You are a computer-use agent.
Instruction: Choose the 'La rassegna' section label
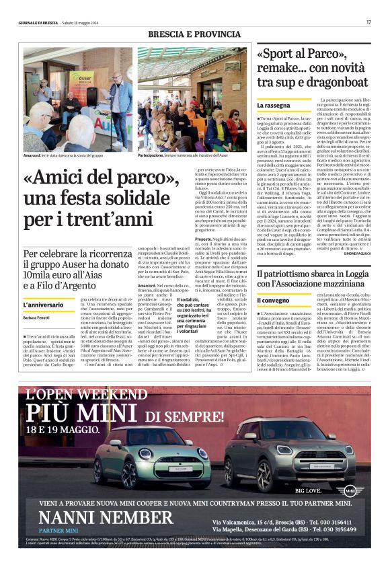click(273, 106)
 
